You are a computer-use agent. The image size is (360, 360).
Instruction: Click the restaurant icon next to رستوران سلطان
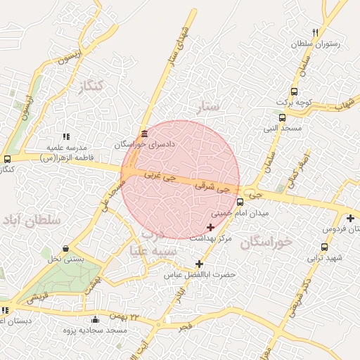(x=315, y=32)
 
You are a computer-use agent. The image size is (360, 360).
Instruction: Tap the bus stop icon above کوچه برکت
(x=294, y=91)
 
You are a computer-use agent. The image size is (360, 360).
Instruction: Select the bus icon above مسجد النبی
(x=282, y=117)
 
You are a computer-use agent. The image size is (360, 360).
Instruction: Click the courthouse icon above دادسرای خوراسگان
(x=144, y=133)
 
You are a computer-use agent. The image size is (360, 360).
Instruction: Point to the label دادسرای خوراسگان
(x=144, y=143)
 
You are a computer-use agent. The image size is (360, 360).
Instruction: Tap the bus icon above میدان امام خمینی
(x=240, y=202)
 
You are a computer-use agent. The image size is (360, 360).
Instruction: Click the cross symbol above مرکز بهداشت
(x=211, y=227)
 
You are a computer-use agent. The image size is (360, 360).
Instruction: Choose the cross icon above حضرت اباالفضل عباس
(x=199, y=264)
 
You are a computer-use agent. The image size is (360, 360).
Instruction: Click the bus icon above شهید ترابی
(x=324, y=247)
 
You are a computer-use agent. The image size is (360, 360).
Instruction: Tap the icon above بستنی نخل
(x=66, y=248)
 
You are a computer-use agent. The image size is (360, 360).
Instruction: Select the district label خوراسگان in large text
(x=266, y=243)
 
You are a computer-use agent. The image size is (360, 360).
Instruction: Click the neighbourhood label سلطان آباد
(x=32, y=221)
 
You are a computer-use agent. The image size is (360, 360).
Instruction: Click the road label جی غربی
(x=160, y=175)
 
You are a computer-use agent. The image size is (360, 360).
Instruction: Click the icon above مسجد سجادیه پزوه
(x=96, y=320)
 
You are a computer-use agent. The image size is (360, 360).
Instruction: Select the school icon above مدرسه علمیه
(x=66, y=136)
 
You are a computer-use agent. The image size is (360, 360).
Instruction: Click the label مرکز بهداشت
(x=216, y=239)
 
